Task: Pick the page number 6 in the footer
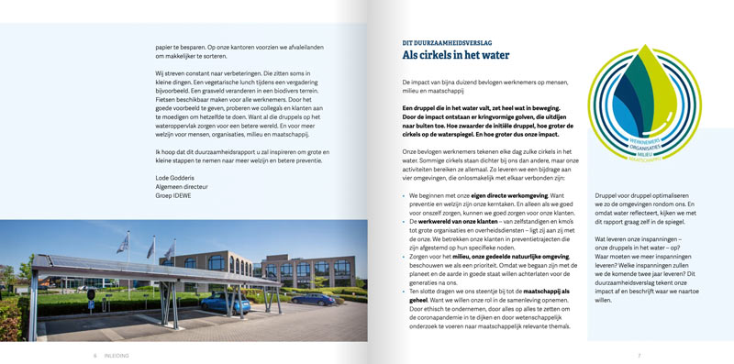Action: tap(95, 355)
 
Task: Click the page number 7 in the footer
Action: tap(639, 355)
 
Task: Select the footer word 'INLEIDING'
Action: tap(116, 355)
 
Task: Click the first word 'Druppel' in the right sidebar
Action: tap(607, 195)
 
